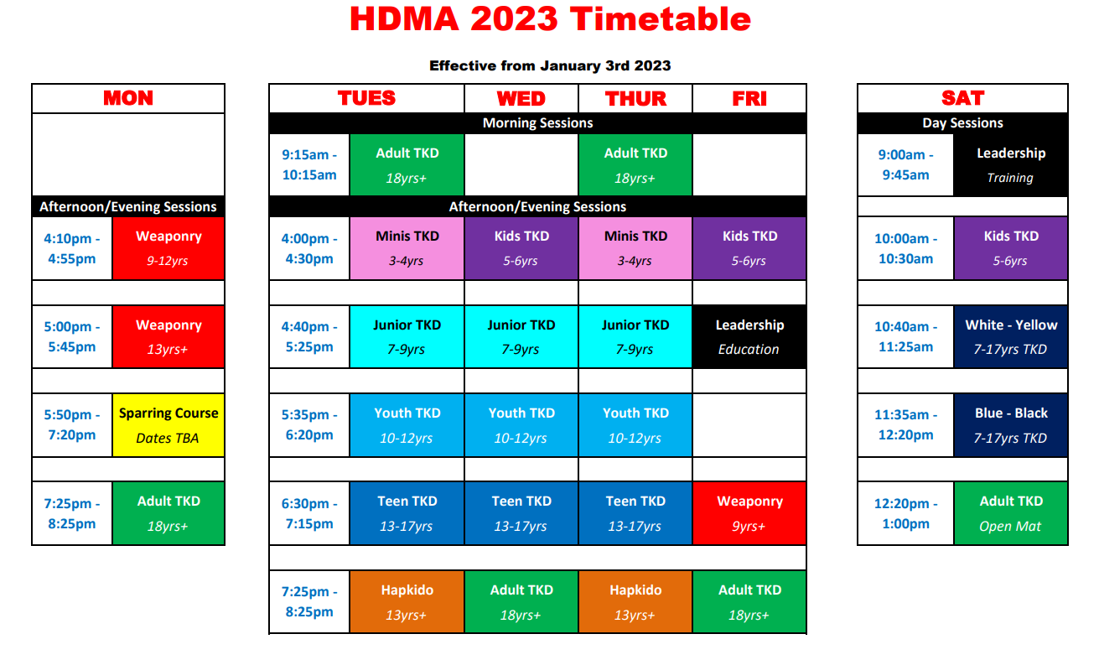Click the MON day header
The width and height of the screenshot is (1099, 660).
pos(128,98)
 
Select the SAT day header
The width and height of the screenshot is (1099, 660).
pos(962,98)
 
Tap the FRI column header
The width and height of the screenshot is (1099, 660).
pos(749,99)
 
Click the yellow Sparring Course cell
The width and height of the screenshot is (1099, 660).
pos(168,425)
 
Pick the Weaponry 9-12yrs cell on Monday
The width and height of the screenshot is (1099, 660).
pos(168,248)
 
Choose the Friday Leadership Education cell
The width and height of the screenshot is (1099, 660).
pos(749,336)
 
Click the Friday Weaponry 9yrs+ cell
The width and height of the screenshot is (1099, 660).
pos(749,513)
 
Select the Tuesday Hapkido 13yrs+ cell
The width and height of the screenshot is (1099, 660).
pos(407,601)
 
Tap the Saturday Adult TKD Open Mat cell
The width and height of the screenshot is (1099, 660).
pos(1011,513)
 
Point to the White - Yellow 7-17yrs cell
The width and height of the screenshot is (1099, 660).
pos(1011,336)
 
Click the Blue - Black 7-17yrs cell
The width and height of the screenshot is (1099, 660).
pos(1011,425)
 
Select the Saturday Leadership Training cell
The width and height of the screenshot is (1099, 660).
pos(1011,165)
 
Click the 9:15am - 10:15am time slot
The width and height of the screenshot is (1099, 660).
pos(309,165)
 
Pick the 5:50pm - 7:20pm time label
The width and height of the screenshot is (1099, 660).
pos(72,425)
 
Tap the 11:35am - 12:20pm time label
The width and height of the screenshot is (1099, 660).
pos(905,425)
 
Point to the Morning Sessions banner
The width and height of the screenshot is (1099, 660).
pos(537,123)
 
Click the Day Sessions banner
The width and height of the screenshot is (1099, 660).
pos(962,123)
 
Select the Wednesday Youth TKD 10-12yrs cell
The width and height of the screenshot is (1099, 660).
pos(521,425)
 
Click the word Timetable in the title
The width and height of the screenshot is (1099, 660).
pos(661,19)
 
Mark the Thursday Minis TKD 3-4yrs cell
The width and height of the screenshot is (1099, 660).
pos(635,248)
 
